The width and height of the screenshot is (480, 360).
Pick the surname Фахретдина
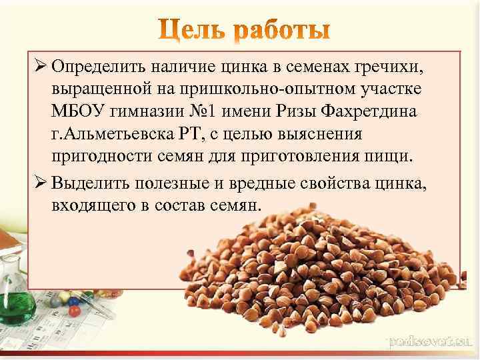(x=371, y=111)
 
